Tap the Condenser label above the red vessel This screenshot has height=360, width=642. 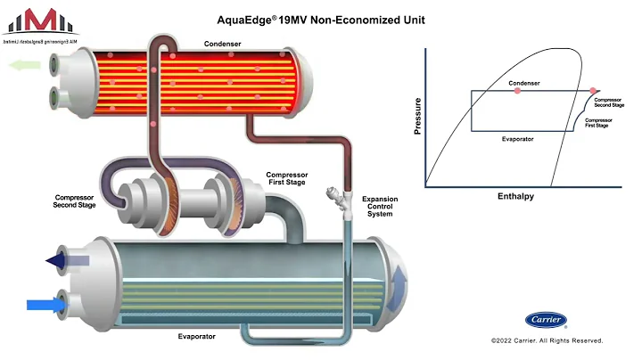coord(221,44)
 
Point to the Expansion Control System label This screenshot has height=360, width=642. coord(379,206)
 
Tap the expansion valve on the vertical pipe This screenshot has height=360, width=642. coord(337,198)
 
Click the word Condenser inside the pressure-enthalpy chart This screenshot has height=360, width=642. coord(524,83)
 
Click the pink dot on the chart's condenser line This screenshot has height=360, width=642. coord(516,91)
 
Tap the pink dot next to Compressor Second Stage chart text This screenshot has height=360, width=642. coord(593,91)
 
